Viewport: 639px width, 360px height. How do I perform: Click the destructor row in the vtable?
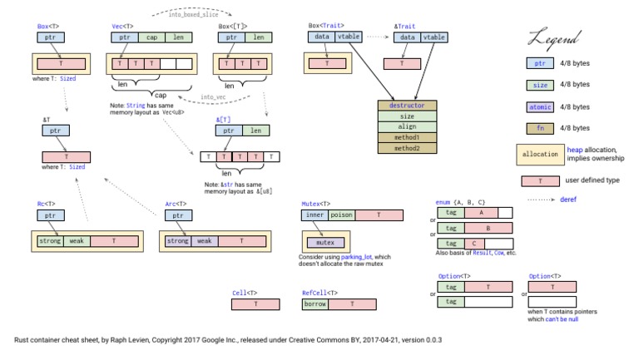click(x=407, y=106)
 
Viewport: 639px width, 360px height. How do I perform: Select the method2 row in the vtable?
click(x=407, y=148)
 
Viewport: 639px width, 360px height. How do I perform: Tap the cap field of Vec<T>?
click(x=152, y=37)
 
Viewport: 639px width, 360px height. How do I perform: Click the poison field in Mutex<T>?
click(x=342, y=215)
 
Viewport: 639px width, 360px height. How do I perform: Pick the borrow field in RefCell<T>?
click(x=315, y=304)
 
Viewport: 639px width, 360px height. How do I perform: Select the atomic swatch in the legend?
click(x=539, y=106)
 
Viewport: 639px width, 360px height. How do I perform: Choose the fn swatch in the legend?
click(x=539, y=128)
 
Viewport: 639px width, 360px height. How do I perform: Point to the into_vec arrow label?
click(x=213, y=97)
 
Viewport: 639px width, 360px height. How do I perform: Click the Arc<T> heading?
click(x=176, y=202)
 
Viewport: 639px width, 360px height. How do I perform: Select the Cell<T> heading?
click(x=243, y=293)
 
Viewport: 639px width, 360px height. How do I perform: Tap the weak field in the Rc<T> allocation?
click(x=77, y=241)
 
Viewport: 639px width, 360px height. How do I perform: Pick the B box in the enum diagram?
click(x=487, y=228)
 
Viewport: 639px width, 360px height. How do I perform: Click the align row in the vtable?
click(x=407, y=127)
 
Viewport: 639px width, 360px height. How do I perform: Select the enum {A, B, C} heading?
click(x=461, y=202)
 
